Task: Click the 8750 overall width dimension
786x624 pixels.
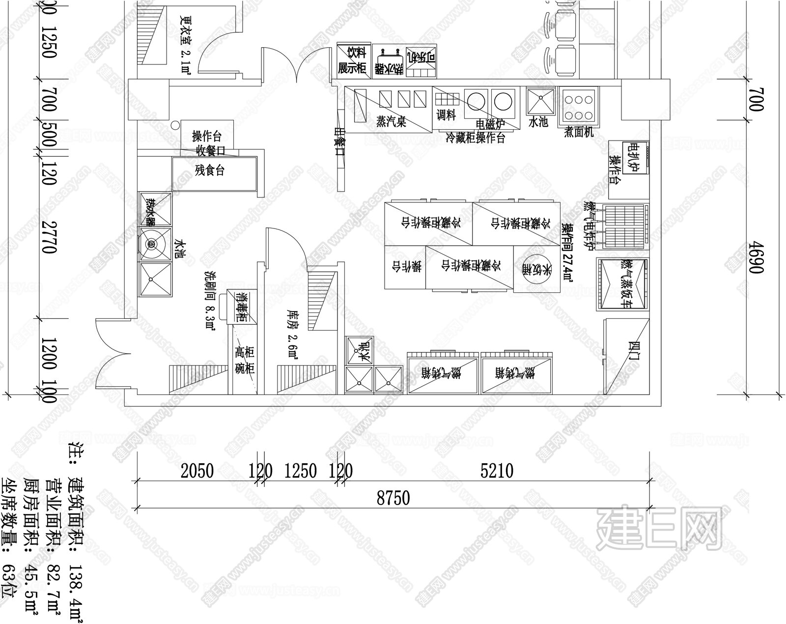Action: (393, 498)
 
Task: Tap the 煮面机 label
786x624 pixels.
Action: (579, 132)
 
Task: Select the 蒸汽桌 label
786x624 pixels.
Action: (391, 121)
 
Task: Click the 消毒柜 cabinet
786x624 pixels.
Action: (241, 307)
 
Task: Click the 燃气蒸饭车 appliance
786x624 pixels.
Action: (622, 284)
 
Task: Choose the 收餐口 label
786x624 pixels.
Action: (210, 150)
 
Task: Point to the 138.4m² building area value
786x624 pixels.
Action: (76, 580)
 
